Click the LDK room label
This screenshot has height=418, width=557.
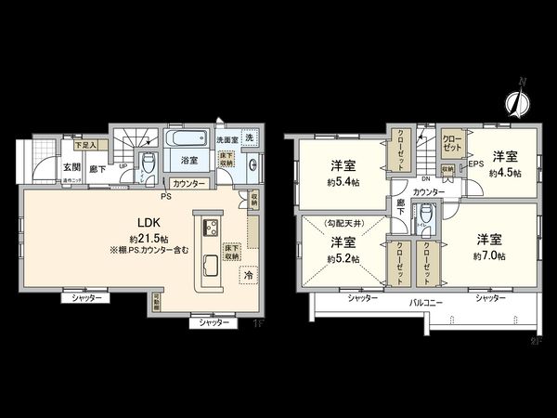pyautogui.click(x=125, y=224)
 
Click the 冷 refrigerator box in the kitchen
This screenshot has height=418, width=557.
pyautogui.click(x=248, y=275)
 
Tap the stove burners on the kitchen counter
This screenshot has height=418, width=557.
pyautogui.click(x=208, y=227)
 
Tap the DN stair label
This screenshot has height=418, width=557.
pyautogui.click(x=424, y=178)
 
